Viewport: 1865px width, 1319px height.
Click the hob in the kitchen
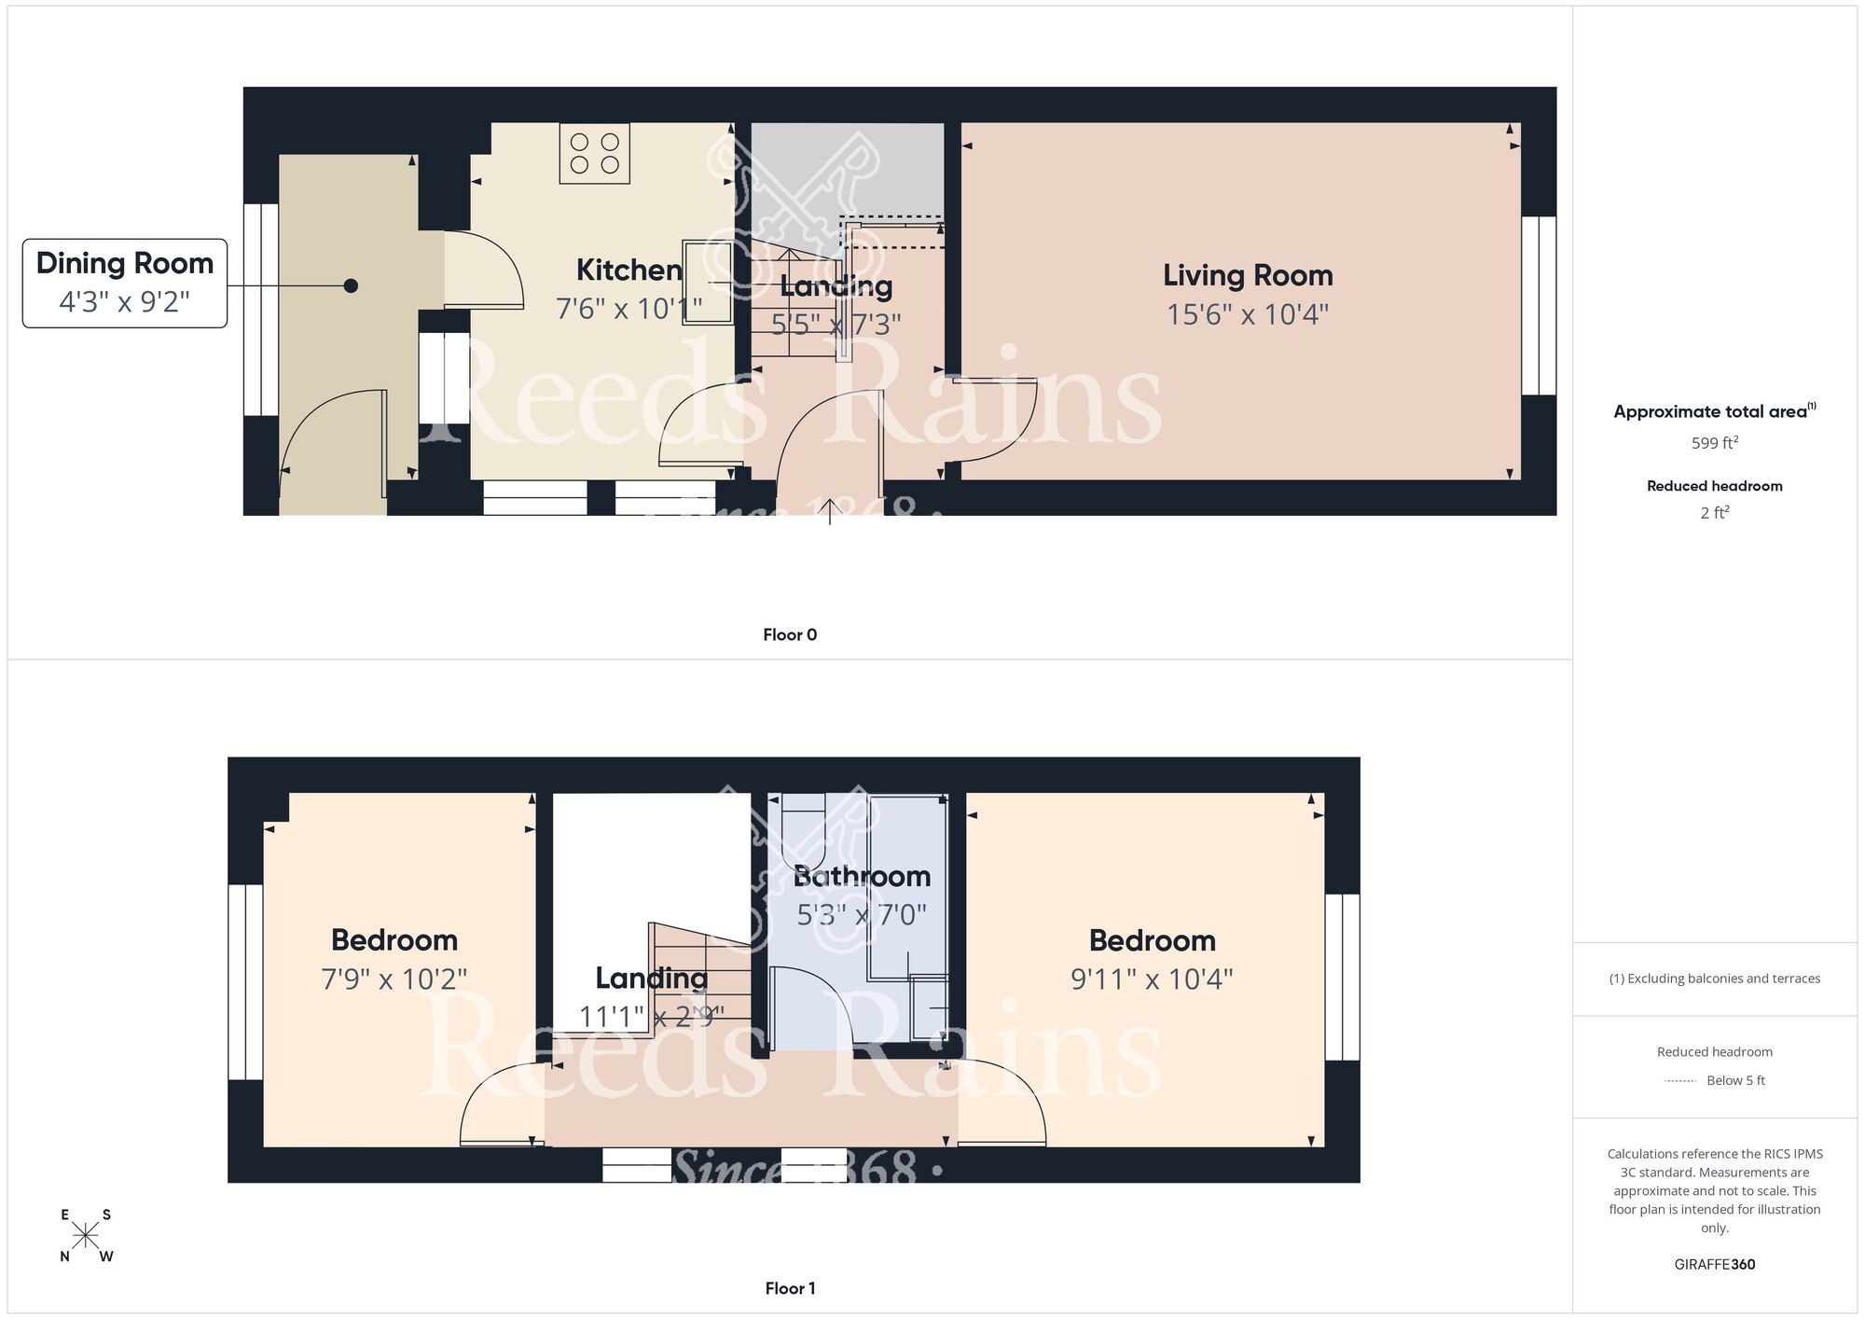click(x=594, y=154)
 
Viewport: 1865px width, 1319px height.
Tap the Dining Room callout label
click(x=125, y=283)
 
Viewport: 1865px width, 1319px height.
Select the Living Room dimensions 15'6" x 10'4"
click(x=1247, y=314)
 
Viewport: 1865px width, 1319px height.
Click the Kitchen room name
click(x=629, y=271)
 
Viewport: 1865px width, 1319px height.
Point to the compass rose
click(x=86, y=1236)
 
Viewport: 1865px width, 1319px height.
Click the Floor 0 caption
click(x=790, y=635)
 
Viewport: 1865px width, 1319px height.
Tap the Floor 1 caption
click(x=790, y=1288)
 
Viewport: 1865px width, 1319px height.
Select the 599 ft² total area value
click(x=1714, y=443)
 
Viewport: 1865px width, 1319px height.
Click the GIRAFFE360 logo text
click(x=1714, y=1264)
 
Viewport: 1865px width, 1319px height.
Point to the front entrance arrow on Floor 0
click(x=830, y=510)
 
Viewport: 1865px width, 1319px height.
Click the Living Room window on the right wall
click(x=1539, y=306)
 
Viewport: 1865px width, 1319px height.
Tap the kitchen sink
click(x=708, y=282)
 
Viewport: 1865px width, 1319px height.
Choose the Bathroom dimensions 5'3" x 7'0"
click(x=861, y=915)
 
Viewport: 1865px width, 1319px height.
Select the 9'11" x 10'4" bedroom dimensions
click(x=1152, y=979)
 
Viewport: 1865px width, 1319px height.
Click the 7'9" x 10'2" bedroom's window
click(x=245, y=982)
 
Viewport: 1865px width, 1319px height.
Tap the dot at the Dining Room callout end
click(x=351, y=286)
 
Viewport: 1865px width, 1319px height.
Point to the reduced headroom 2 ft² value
click(x=1714, y=512)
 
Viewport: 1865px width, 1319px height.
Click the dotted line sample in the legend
click(x=1680, y=1081)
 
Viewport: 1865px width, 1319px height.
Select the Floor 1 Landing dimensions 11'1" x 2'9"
click(x=651, y=1017)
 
